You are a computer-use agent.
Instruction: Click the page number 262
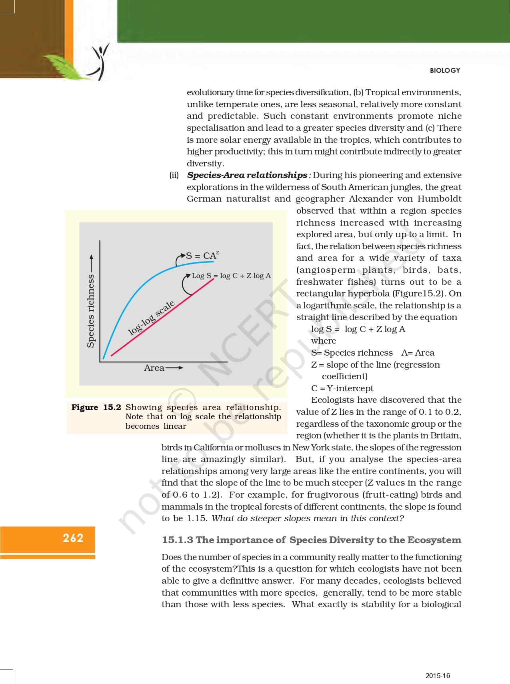pyautogui.click(x=73, y=538)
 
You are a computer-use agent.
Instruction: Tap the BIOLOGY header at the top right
pyautogui.click(x=445, y=70)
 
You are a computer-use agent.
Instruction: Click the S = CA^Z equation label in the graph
pyautogui.click(x=203, y=256)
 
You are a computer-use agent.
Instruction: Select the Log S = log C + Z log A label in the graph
pyautogui.click(x=231, y=276)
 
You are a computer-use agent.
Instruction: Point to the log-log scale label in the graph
pyautogui.click(x=151, y=318)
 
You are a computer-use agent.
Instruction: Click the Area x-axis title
pyautogui.click(x=154, y=368)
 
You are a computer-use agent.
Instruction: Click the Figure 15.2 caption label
pyautogui.click(x=96, y=407)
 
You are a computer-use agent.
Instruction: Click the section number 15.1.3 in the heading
pyautogui.click(x=178, y=540)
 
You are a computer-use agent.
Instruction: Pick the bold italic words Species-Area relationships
pyautogui.click(x=247, y=175)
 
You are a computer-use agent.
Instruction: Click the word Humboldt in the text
pyautogui.click(x=439, y=199)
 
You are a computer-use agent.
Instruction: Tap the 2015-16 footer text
pyautogui.click(x=438, y=676)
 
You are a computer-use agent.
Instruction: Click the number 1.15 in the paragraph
pyautogui.click(x=196, y=518)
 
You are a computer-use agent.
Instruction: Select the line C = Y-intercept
pyautogui.click(x=342, y=388)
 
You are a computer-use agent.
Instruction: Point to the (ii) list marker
pyautogui.click(x=174, y=175)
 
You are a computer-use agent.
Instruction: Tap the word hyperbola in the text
pyautogui.click(x=368, y=294)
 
